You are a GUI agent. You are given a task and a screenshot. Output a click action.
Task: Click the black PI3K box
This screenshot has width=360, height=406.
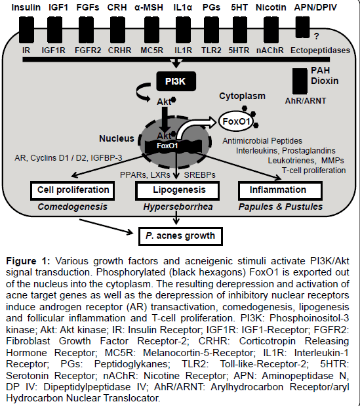click(x=176, y=81)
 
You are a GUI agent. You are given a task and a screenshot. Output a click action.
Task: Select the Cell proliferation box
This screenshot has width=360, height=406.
click(x=73, y=191)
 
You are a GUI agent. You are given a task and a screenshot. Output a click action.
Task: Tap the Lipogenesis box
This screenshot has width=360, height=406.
click(x=177, y=191)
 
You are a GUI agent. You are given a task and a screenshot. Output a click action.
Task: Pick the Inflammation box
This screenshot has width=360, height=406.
click(x=280, y=191)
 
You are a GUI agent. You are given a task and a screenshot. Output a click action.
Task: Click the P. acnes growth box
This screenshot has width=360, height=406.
click(x=180, y=236)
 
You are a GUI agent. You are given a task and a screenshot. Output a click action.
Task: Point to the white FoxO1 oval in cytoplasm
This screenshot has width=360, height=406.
click(x=236, y=121)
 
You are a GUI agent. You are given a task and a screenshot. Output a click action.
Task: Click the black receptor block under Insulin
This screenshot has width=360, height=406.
click(x=26, y=30)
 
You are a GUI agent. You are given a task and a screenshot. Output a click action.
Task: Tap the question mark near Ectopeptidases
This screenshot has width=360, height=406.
click(x=316, y=37)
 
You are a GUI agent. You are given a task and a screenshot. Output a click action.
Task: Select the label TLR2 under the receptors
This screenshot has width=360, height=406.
click(x=211, y=51)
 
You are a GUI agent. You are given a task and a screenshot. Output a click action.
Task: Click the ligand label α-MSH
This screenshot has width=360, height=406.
click(x=149, y=7)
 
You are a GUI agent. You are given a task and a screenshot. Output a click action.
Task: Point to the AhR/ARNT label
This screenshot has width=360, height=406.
click(x=306, y=101)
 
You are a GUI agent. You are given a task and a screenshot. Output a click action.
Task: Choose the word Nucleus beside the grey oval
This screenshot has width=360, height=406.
click(x=117, y=138)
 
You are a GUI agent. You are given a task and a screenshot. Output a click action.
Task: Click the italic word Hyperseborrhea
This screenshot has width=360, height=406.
click(x=178, y=207)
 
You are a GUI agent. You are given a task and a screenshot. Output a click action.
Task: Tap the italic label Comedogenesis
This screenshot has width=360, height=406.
click(x=73, y=207)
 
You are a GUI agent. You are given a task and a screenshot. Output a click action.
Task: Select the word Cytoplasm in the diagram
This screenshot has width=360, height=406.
click(x=242, y=96)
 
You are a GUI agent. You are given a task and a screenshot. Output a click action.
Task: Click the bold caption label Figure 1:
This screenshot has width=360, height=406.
click(x=28, y=261)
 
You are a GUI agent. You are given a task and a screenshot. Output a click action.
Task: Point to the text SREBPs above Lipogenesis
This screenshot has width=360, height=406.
click(x=199, y=175)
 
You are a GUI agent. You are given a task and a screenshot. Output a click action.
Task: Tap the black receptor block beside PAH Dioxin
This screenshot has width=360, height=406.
click(x=300, y=81)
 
